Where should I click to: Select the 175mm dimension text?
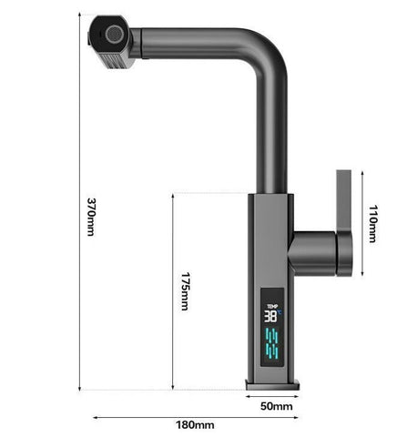coord(184,292)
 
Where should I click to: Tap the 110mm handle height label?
coord(372,224)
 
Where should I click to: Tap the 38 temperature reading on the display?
coord(271,317)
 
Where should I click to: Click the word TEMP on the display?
coord(271,306)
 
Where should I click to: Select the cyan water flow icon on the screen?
coord(271,344)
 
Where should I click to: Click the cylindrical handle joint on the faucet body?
coord(319,249)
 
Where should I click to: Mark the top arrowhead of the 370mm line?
coord(79,15)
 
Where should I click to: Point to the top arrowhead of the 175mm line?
coord(173,195)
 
